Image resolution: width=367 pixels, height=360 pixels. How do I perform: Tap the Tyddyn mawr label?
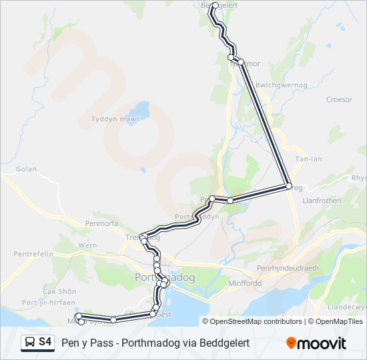(114, 120)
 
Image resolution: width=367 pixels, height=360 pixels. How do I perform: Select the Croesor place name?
(339, 100)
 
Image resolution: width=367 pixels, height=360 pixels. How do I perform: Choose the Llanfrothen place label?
(322, 200)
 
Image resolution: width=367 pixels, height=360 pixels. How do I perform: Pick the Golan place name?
(26, 169)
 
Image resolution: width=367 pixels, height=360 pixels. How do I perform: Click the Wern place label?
(87, 245)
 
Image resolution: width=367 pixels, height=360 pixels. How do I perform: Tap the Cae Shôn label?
(59, 291)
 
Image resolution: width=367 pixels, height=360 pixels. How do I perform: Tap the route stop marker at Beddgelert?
(215, 5)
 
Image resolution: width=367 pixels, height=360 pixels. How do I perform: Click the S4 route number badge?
(45, 342)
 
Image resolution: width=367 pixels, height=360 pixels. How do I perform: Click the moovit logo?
(316, 343)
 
